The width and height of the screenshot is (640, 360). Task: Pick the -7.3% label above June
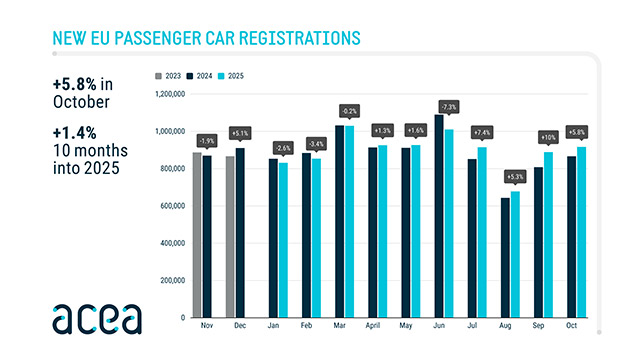(x=447, y=107)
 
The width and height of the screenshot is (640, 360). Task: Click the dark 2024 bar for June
(x=439, y=216)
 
